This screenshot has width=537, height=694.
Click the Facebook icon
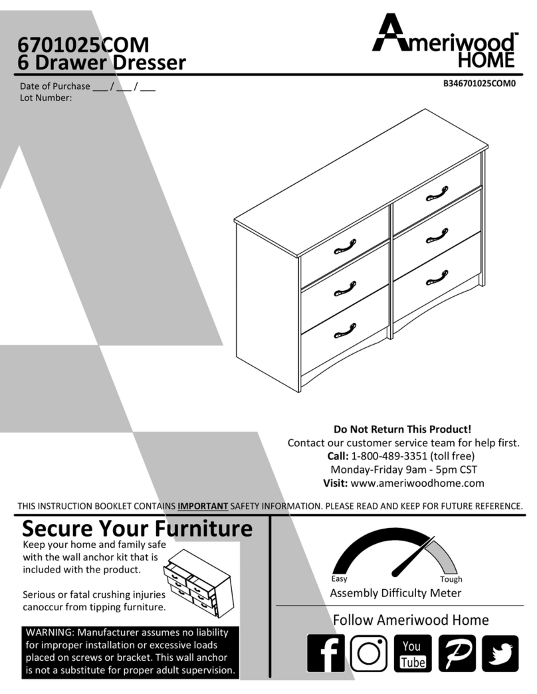click(326, 653)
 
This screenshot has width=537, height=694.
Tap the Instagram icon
click(368, 653)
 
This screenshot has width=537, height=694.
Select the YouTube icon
click(412, 653)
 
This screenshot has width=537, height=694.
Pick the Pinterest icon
click(457, 653)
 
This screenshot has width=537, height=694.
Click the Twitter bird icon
click(500, 653)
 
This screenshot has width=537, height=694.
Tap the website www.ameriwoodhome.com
click(417, 483)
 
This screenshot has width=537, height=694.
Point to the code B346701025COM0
click(480, 84)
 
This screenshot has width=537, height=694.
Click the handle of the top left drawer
click(344, 247)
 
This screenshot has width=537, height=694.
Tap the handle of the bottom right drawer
click(437, 276)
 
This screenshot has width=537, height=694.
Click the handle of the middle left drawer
click(344, 288)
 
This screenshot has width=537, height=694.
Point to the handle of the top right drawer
click(437, 193)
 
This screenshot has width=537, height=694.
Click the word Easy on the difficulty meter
click(339, 579)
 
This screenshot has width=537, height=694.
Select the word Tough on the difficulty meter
click(451, 579)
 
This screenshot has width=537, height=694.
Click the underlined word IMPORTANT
click(203, 506)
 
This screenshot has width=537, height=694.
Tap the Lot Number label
click(46, 98)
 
